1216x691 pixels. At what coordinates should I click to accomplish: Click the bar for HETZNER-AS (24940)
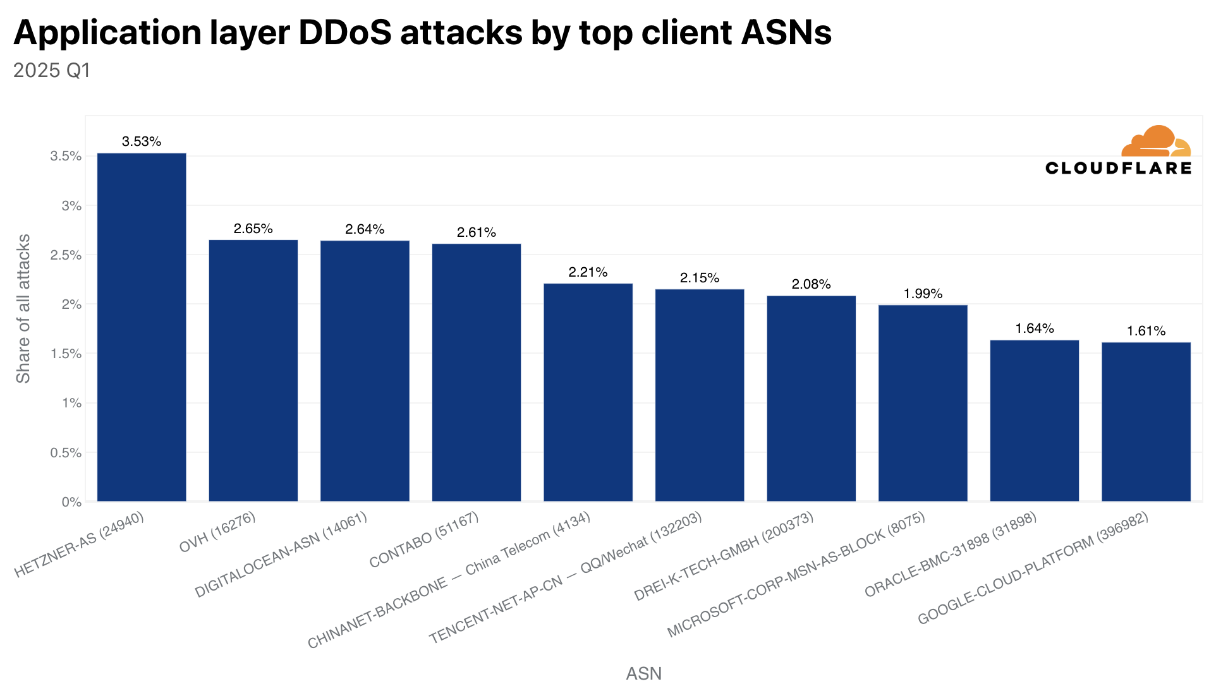pos(142,327)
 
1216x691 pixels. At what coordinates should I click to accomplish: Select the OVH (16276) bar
pos(253,371)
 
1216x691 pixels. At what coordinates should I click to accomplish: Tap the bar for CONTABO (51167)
pos(477,373)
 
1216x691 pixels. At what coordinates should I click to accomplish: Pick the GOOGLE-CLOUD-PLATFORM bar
pos(1146,422)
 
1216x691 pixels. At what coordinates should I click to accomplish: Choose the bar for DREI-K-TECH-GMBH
pos(811,399)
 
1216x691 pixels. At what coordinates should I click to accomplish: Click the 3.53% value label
pos(142,141)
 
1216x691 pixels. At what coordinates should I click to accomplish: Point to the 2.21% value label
pos(588,272)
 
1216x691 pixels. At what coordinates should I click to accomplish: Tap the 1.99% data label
pos(923,294)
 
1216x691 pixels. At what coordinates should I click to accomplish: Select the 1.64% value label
pos(1035,328)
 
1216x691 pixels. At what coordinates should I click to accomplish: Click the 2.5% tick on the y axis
pos(66,255)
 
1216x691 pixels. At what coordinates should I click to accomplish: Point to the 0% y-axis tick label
pos(71,502)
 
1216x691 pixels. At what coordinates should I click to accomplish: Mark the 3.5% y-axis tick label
pos(66,156)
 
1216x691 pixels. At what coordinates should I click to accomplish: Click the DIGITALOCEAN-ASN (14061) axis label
pos(281,555)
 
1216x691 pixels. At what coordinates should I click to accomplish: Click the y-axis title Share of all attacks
pos(23,309)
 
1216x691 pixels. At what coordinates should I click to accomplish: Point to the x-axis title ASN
pos(643,673)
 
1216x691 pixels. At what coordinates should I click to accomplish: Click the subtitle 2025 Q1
pos(52,70)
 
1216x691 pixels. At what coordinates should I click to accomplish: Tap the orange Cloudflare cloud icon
pos(1155,141)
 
